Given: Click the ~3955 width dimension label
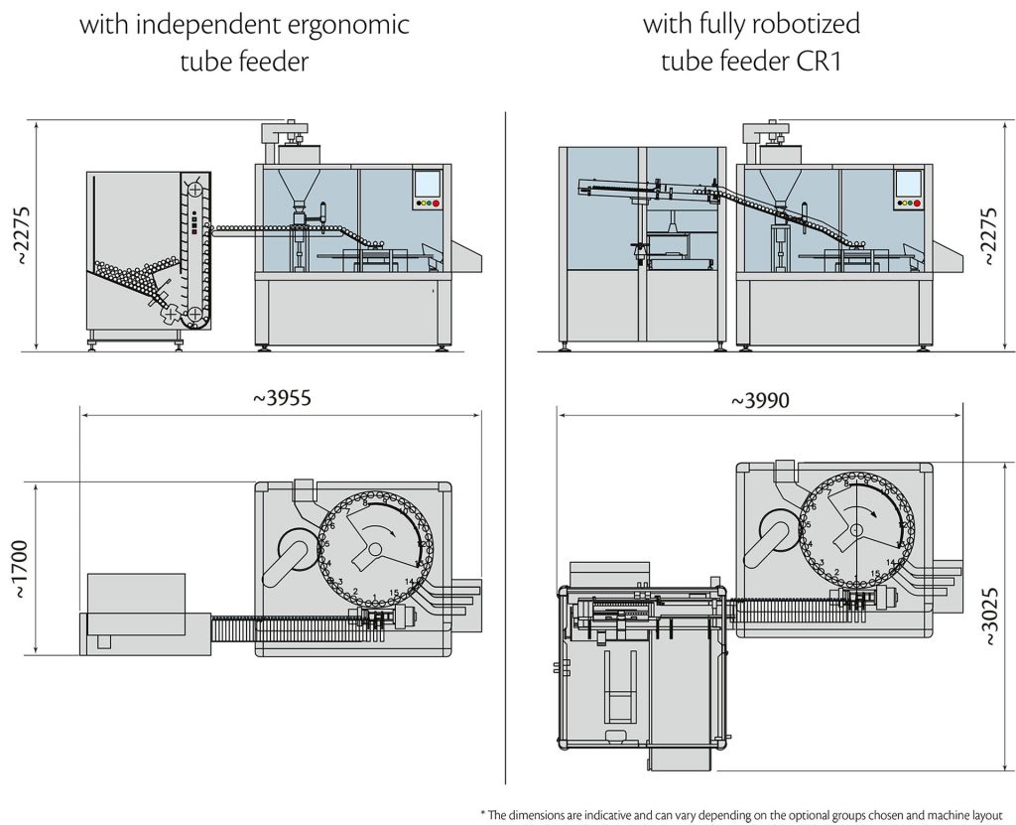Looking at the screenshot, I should pos(283,399).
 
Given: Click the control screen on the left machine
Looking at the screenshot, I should pos(427,184).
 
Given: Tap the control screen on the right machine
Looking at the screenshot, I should pos(908,184).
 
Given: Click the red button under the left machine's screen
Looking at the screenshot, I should pos(435,204).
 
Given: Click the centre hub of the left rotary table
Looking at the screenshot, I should pos(375,549).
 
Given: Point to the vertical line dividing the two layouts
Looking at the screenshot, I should pos(507,447).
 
